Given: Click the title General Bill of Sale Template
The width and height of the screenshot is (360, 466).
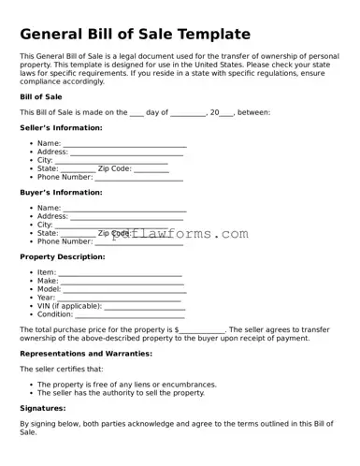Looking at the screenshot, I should pyautogui.click(x=136, y=34).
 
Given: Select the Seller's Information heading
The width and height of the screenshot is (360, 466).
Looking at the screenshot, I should pyautogui.click(x=61, y=127).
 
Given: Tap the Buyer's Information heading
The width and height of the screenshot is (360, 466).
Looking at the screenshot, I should pyautogui.click(x=61, y=192).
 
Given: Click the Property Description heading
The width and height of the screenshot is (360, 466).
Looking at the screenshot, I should pyautogui.click(x=62, y=256).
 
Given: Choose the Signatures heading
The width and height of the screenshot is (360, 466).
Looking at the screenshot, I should pyautogui.click(x=43, y=408).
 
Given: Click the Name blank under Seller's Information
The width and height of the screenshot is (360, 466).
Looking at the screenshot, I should pyautogui.click(x=124, y=144).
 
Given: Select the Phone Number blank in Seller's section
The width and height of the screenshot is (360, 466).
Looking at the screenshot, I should pyautogui.click(x=138, y=177).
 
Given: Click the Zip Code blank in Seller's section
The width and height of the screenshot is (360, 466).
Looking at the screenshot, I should pyautogui.click(x=151, y=169).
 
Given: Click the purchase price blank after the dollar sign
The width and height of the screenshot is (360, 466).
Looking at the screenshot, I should pyautogui.click(x=202, y=330).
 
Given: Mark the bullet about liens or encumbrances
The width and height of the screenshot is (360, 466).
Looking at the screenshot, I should pyautogui.click(x=126, y=385).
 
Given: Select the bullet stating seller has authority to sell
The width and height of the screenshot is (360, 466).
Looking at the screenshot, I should pyautogui.click(x=121, y=393).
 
